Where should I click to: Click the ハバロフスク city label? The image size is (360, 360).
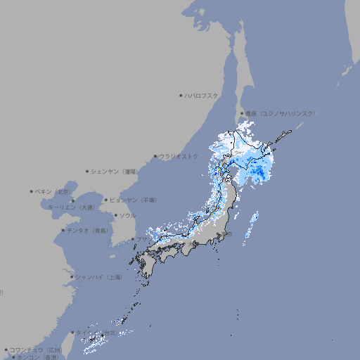coord(202,95)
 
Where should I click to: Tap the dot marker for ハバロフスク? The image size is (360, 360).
coord(181,95)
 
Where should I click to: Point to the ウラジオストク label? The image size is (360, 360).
coord(179,156)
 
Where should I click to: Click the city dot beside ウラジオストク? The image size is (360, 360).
coord(155,157)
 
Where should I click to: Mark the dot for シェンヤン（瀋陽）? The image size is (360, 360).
coord(88,171)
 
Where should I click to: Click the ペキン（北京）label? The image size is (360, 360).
coord(54,191)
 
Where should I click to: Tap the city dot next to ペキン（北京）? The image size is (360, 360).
coord(32,191)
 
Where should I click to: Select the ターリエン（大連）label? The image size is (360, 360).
coord(70,207)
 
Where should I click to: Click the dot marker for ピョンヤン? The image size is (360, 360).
coord(106,200)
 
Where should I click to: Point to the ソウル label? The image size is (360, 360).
coord(127,215)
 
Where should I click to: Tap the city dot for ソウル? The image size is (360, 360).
coord(115,215)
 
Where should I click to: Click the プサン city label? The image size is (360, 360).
coord(142,240)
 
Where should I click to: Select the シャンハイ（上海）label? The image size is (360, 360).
coord(98,277)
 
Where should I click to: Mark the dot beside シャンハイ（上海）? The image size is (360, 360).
coord(72,277)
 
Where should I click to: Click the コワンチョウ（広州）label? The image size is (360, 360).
coord(36,349)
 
